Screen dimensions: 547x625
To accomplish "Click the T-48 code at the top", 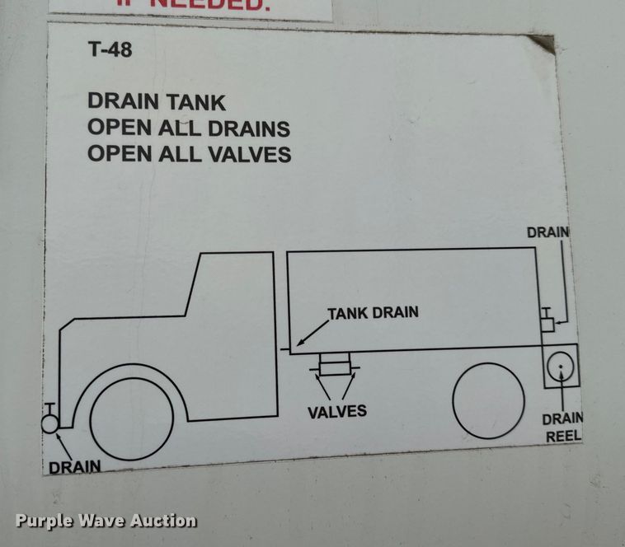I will click(x=110, y=49).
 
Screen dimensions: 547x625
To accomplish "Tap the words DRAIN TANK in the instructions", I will click(x=157, y=102).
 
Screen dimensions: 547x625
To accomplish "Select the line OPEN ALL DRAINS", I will click(x=189, y=129).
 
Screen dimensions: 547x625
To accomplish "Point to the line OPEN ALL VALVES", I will click(x=189, y=154).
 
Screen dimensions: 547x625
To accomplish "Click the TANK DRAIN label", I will click(x=373, y=312).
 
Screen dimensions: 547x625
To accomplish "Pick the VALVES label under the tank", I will click(x=337, y=411).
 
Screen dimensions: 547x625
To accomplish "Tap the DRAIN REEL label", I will click(x=562, y=427).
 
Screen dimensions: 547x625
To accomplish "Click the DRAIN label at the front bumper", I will click(x=74, y=466).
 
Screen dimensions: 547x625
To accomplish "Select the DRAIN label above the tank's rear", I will click(x=548, y=232).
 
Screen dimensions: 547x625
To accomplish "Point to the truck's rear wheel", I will click(x=488, y=400).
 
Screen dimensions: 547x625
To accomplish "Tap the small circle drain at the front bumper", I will click(x=50, y=423).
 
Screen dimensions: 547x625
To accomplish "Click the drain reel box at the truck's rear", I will click(x=561, y=366).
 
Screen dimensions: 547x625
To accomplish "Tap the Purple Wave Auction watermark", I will click(x=106, y=520).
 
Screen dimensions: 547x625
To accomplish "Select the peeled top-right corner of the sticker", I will click(x=543, y=43).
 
